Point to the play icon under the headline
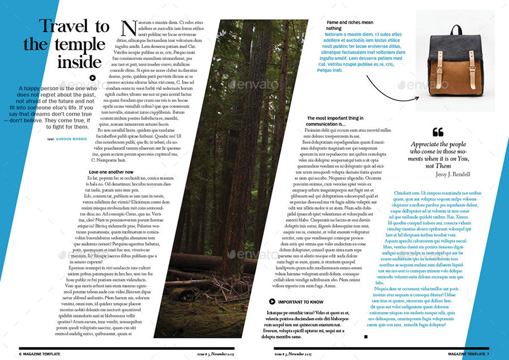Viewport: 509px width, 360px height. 93,79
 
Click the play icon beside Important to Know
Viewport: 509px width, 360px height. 272,302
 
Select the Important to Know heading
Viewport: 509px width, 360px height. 301,302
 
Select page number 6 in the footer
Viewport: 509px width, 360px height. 20,353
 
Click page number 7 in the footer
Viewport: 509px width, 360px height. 488,353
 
